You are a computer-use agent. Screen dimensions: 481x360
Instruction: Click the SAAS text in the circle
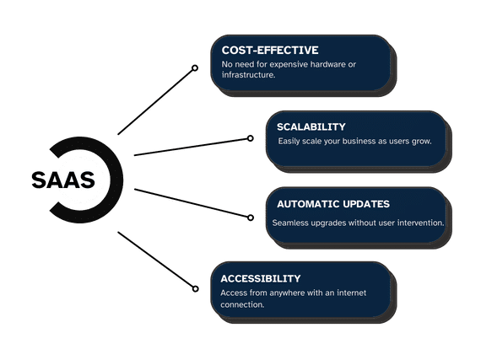[63, 180]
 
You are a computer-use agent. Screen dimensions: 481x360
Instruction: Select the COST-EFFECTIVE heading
[270, 51]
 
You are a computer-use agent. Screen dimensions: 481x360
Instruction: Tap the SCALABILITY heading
[311, 126]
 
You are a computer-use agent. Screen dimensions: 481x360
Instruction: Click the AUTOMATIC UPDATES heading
[333, 204]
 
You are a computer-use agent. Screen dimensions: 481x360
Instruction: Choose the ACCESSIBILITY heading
[261, 278]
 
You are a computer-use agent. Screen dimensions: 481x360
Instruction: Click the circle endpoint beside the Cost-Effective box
[195, 68]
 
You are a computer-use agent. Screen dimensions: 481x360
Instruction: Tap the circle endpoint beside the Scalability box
[251, 138]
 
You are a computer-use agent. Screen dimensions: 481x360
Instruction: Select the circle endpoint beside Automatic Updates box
[251, 218]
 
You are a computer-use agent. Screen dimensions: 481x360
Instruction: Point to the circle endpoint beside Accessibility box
[196, 288]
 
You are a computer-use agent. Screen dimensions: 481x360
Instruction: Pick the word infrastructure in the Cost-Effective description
[248, 75]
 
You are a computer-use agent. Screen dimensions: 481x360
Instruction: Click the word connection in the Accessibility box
[242, 305]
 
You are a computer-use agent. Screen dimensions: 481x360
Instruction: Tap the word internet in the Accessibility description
[352, 293]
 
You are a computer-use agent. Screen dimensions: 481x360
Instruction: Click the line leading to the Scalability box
[192, 147]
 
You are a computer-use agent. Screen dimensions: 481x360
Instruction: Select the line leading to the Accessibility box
[155, 260]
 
